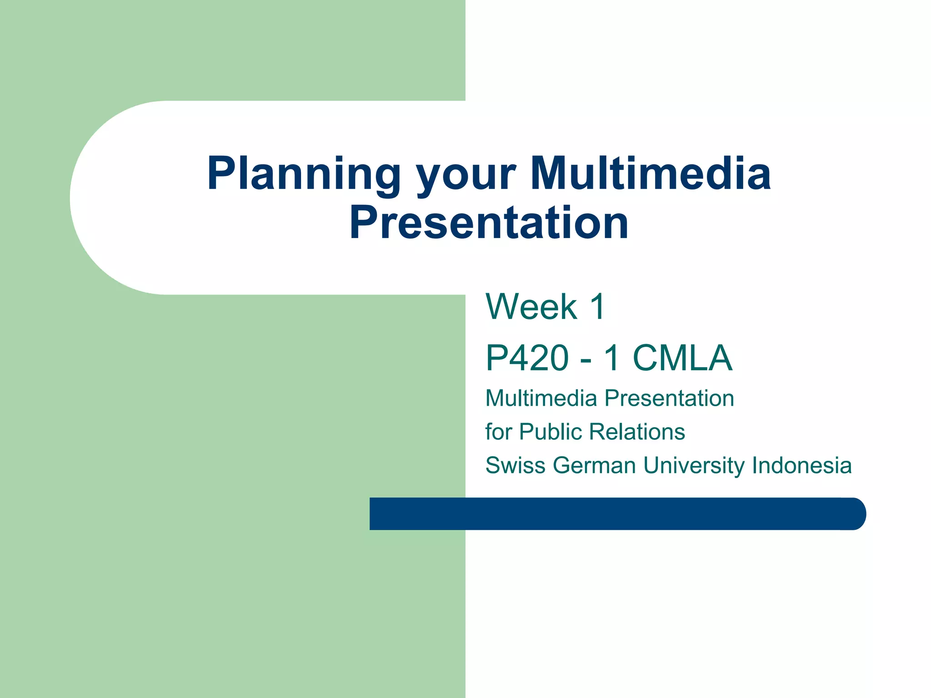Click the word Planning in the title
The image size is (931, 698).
(x=304, y=174)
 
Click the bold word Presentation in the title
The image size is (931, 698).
(x=489, y=223)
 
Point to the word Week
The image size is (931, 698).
(x=531, y=307)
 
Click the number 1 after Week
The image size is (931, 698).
(x=597, y=307)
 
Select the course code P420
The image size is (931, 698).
(x=527, y=358)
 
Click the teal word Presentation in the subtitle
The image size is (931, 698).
(x=669, y=399)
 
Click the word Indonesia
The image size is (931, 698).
(x=801, y=465)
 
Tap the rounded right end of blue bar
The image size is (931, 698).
(x=855, y=514)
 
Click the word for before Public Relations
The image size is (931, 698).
(x=498, y=432)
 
